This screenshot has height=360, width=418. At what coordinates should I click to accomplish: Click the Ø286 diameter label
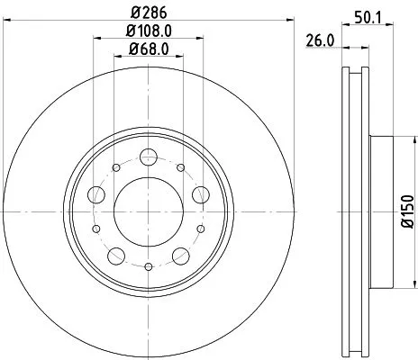pos(149,13)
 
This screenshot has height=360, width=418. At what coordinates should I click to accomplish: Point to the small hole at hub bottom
pos(149,266)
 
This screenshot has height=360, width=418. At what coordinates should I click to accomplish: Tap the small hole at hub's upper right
pos(181,167)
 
